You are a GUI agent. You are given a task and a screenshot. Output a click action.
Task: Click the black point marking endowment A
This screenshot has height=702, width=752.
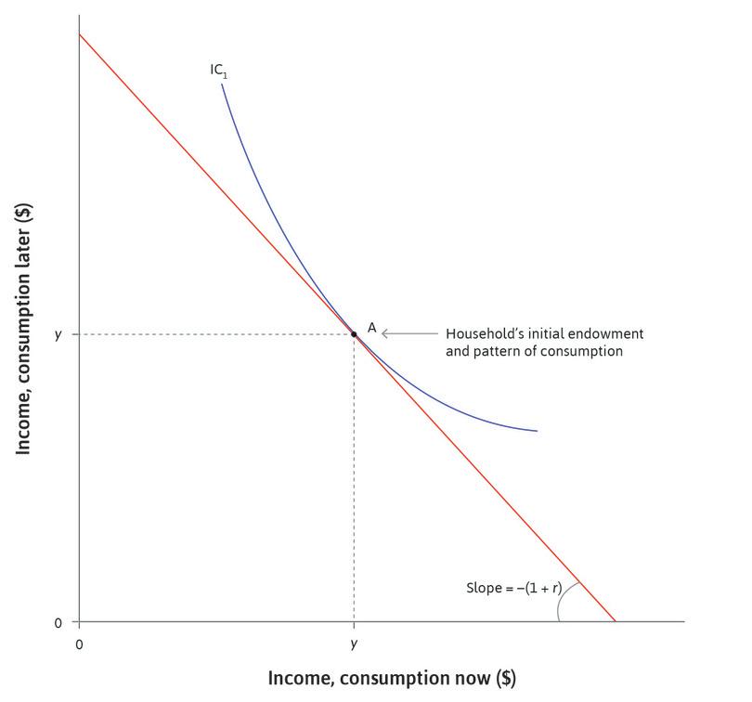pos(354,333)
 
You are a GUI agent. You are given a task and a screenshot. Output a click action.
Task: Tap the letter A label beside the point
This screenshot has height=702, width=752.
pos(371,328)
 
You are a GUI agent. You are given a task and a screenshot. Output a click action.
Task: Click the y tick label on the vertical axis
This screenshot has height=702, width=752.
pos(58,333)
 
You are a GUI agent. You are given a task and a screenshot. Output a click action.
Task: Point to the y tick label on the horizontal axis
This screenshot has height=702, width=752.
pos(354,643)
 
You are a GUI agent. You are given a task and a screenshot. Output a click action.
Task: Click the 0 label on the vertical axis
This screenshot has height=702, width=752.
pos(58,622)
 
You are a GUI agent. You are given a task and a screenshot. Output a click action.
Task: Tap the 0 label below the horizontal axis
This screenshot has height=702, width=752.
pos(79,643)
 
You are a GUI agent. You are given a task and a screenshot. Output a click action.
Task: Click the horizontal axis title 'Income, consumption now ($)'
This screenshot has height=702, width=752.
pos(391,679)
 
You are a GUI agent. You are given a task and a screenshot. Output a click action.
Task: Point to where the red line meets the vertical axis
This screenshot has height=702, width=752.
pos(80,34)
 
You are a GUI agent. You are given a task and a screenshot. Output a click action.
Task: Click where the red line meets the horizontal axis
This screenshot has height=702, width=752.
pos(616,621)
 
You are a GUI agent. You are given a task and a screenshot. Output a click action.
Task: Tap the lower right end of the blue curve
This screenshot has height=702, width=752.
pos(537,431)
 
